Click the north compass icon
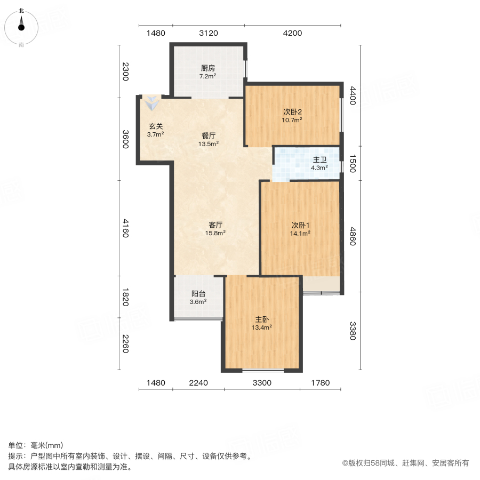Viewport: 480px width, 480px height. [x=21, y=25]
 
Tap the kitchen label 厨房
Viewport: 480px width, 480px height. [x=208, y=68]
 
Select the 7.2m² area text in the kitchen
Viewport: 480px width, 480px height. [x=208, y=76]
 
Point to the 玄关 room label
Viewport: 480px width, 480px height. [x=155, y=126]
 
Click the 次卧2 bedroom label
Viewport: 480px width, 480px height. [x=292, y=112]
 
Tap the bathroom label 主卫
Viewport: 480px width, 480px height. [x=319, y=159]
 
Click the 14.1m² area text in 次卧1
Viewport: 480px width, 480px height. [x=300, y=233]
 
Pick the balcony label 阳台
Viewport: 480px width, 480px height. [x=198, y=294]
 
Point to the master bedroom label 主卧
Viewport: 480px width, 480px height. [x=262, y=319]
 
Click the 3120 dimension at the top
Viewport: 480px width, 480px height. [x=208, y=33]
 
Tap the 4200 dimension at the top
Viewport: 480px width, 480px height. [x=292, y=33]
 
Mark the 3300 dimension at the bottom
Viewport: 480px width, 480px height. [x=262, y=382]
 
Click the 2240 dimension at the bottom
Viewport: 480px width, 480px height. [x=198, y=382]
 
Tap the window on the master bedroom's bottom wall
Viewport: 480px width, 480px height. [x=262, y=370]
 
